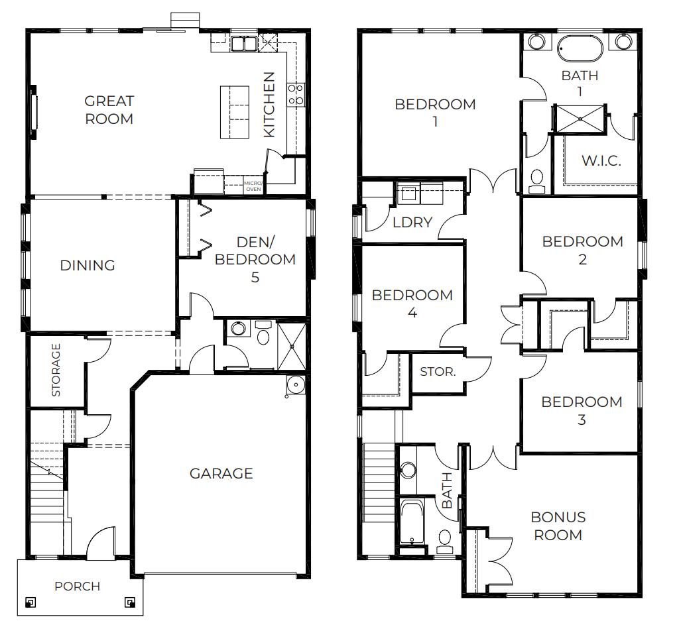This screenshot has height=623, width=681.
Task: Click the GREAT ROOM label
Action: pos(109,110)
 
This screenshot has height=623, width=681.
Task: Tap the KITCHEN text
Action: pos(269,105)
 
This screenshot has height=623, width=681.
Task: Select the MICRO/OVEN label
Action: pos(253,186)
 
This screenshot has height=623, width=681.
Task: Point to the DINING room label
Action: pos(88,266)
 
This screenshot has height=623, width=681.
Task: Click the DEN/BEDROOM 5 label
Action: pos(255,259)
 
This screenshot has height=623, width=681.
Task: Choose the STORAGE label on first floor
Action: pos(56,370)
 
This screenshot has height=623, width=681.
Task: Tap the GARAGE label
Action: pos(221,473)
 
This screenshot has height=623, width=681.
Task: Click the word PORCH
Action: pos(78,586)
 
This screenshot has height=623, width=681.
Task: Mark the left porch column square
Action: pos(30,602)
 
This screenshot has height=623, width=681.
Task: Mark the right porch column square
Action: pos(129,602)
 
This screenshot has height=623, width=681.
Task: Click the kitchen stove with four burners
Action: pos(295,94)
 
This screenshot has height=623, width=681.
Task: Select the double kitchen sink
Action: pos(243,44)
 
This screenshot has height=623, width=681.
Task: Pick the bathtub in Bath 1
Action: pos(580,48)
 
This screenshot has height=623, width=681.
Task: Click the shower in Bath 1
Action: pos(580,119)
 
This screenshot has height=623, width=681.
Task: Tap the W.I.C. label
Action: pos(601,160)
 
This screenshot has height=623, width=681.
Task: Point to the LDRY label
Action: pos(412,223)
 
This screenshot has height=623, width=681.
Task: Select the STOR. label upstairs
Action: pos(438,372)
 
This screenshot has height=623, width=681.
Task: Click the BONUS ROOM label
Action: pos(558,526)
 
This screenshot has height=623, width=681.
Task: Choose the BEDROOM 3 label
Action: pos(582,410)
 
